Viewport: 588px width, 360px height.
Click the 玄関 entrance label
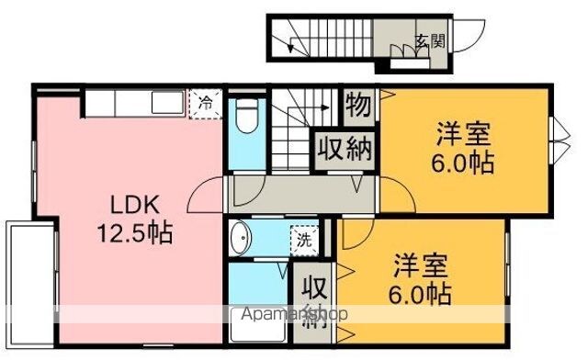click(x=431, y=40)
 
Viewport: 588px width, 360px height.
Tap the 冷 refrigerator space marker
click(x=206, y=104)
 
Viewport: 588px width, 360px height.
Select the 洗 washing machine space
click(x=304, y=241)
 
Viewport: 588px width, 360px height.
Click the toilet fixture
click(x=247, y=116)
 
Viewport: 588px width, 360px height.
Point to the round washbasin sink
click(x=240, y=238)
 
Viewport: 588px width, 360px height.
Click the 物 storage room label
click(x=358, y=105)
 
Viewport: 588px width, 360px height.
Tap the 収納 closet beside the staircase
click(x=345, y=150)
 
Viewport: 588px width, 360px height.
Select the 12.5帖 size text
click(x=135, y=232)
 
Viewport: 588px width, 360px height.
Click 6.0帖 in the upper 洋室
click(x=462, y=163)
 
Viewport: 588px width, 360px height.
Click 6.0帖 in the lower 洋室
click(x=420, y=294)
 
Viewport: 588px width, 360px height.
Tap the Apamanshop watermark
click(x=295, y=314)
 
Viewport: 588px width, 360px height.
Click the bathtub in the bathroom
click(x=258, y=325)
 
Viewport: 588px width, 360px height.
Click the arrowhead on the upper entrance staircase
click(x=290, y=47)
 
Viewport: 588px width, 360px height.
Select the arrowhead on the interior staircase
click(x=325, y=108)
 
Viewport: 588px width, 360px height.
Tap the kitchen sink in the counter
click(x=167, y=103)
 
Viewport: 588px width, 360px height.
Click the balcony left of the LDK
click(x=30, y=284)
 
